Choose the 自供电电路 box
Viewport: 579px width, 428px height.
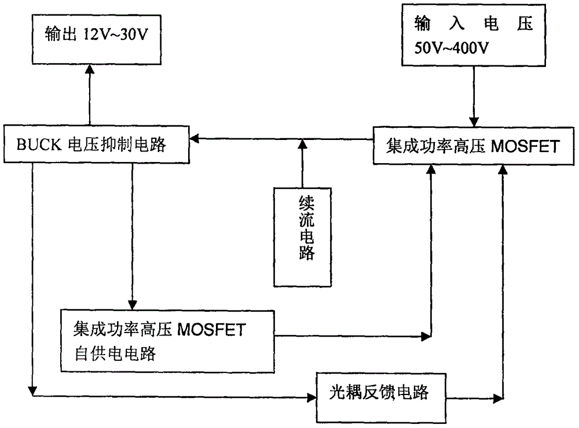pyautogui.click(x=167, y=341)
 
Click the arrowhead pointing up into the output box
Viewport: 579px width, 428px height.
pyautogui.click(x=90, y=69)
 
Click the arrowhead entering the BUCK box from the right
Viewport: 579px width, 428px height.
pyautogui.click(x=196, y=138)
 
